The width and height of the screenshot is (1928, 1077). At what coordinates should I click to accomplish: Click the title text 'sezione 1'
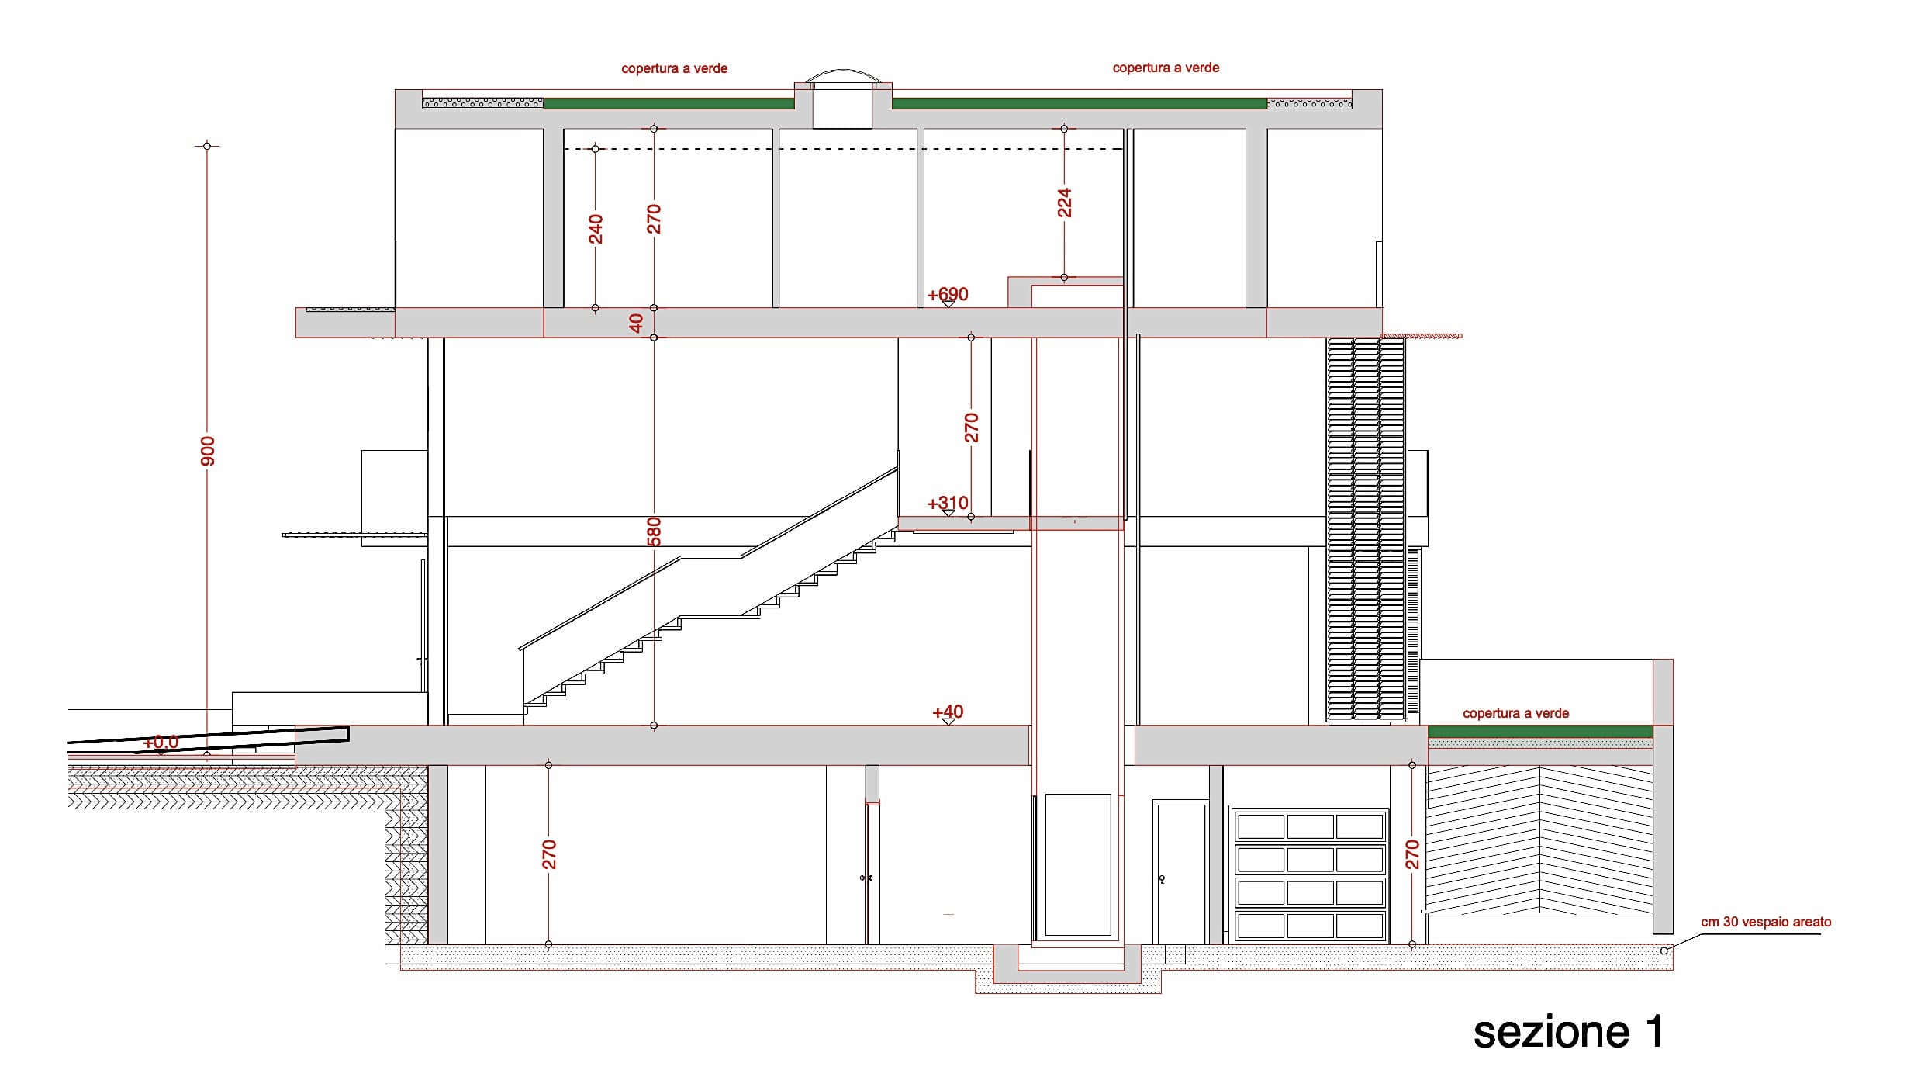1568,1032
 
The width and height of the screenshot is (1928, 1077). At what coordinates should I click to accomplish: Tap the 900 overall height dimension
208,451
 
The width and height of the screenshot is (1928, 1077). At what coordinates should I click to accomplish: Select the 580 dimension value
654,532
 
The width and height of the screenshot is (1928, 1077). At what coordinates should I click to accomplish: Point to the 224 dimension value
1064,203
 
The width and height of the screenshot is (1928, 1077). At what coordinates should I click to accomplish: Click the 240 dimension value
596,229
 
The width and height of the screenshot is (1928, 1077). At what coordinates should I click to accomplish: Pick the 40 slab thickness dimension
636,323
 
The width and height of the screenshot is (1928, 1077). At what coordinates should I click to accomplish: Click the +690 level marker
948,295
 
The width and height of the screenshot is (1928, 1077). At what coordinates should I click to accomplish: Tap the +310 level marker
948,504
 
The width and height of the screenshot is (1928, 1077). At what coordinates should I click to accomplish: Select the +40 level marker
948,712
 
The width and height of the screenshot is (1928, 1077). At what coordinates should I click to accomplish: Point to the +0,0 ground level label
161,743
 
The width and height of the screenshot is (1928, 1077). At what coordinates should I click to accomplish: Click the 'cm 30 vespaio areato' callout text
1766,922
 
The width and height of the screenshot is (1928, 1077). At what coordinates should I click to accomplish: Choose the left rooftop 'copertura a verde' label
674,68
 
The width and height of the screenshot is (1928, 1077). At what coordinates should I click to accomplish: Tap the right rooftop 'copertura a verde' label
1166,68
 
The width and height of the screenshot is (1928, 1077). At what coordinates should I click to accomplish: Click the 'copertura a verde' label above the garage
1515,713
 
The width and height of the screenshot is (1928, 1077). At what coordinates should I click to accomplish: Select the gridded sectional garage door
1310,875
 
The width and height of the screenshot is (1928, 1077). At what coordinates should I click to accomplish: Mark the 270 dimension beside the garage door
1412,854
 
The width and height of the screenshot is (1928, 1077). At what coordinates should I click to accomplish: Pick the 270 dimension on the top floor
654,219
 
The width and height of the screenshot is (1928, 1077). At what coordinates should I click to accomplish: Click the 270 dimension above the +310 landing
971,428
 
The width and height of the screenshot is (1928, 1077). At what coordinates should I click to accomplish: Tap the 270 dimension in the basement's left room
549,854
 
